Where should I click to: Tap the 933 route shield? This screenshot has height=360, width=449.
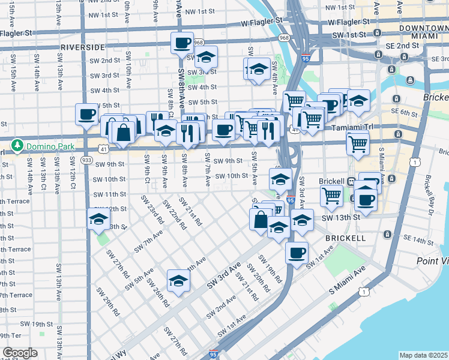pos(86,161)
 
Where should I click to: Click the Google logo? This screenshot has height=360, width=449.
pos(20,353)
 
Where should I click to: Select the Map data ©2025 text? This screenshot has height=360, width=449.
pos(423,355)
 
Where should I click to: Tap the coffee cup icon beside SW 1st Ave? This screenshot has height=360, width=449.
pos(297,253)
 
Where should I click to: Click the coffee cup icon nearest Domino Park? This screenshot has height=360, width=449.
pos(86,114)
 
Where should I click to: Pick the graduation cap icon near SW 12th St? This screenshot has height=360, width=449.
pos(98,220)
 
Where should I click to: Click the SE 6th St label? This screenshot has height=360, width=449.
pos(403,113)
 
